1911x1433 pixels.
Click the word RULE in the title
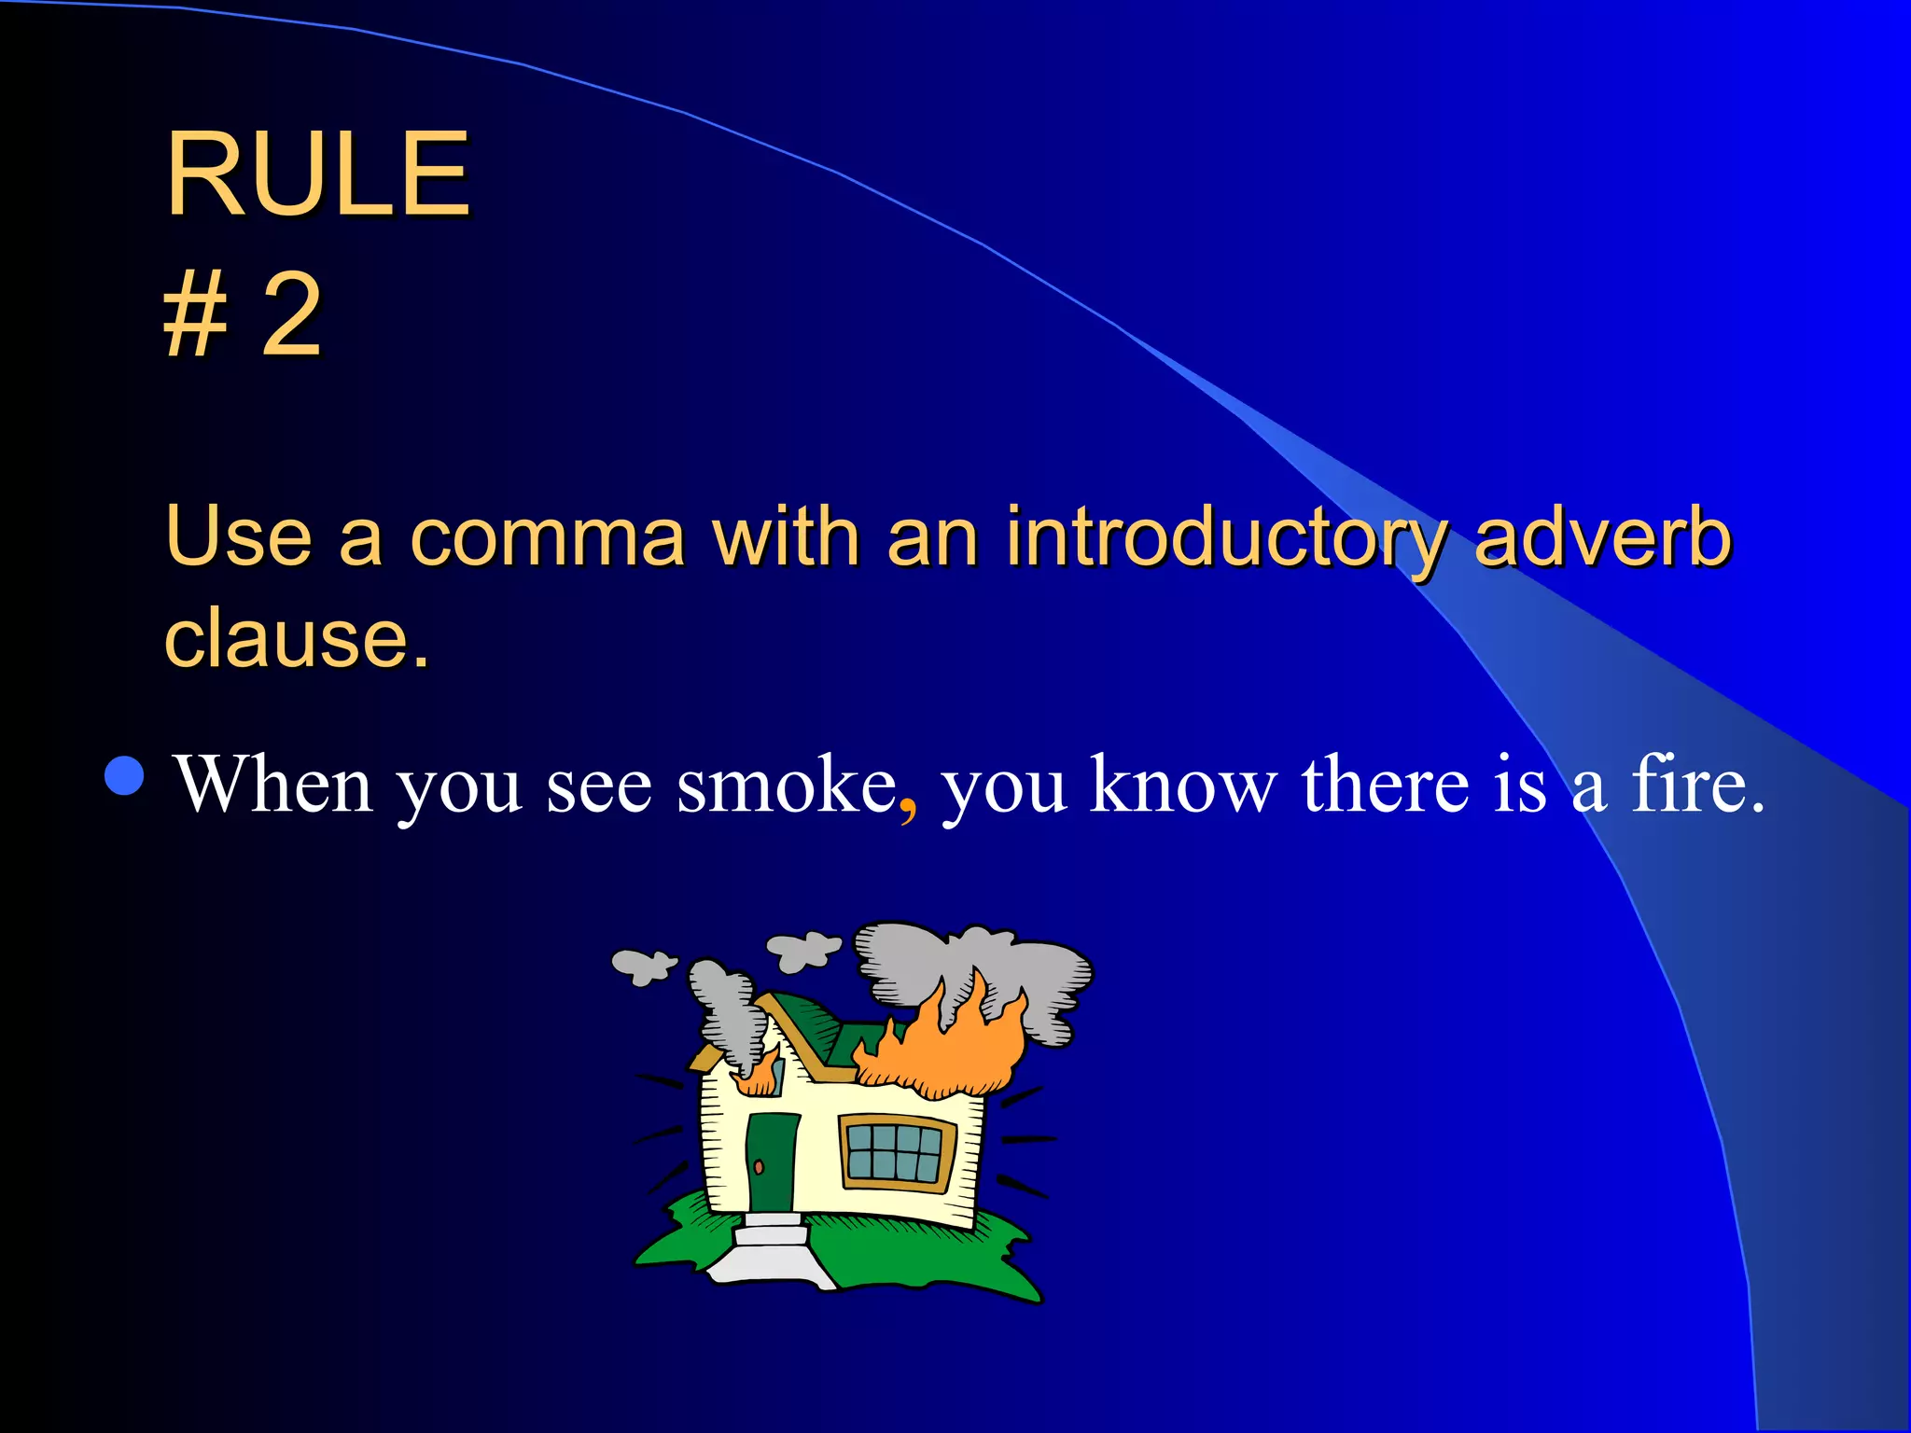point(317,174)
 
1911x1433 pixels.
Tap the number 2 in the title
point(292,314)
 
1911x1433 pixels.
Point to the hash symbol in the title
point(195,314)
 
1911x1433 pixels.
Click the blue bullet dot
point(125,775)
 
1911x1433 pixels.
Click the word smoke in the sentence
point(786,785)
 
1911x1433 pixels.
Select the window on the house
point(897,1152)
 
